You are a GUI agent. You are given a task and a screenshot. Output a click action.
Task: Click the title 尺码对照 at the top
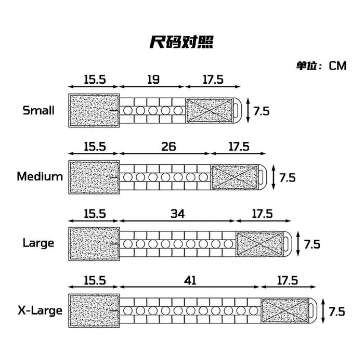(x=181, y=42)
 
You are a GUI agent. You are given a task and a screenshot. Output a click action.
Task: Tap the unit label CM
(x=337, y=66)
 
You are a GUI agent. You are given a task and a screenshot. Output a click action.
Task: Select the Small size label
(x=38, y=110)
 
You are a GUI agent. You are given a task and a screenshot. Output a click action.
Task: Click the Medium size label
(x=40, y=176)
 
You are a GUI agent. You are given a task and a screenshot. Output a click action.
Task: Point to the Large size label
(x=38, y=243)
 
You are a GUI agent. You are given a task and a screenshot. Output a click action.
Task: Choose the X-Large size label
(x=40, y=310)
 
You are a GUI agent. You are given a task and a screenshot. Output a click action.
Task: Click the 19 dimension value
(x=153, y=80)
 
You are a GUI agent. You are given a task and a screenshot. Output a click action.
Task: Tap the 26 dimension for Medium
(x=168, y=147)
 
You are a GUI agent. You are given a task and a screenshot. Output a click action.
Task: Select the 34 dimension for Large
(x=178, y=214)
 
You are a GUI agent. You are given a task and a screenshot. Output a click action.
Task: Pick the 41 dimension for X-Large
(x=190, y=280)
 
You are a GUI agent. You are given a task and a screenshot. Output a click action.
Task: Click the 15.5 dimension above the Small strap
(x=95, y=80)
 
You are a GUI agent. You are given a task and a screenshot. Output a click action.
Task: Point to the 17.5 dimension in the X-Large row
(x=288, y=280)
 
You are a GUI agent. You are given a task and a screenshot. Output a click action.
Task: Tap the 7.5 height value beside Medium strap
(x=288, y=178)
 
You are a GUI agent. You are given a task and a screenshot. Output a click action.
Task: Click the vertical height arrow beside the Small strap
(x=248, y=110)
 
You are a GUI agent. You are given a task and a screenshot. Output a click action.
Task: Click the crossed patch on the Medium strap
(x=235, y=177)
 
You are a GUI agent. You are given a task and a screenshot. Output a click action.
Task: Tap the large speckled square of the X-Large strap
(x=94, y=310)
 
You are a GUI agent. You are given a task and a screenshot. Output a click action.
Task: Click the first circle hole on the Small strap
(x=128, y=110)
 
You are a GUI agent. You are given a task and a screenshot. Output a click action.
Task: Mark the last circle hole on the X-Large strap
(x=254, y=310)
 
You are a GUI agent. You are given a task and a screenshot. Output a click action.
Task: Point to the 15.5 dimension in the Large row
(x=95, y=214)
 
